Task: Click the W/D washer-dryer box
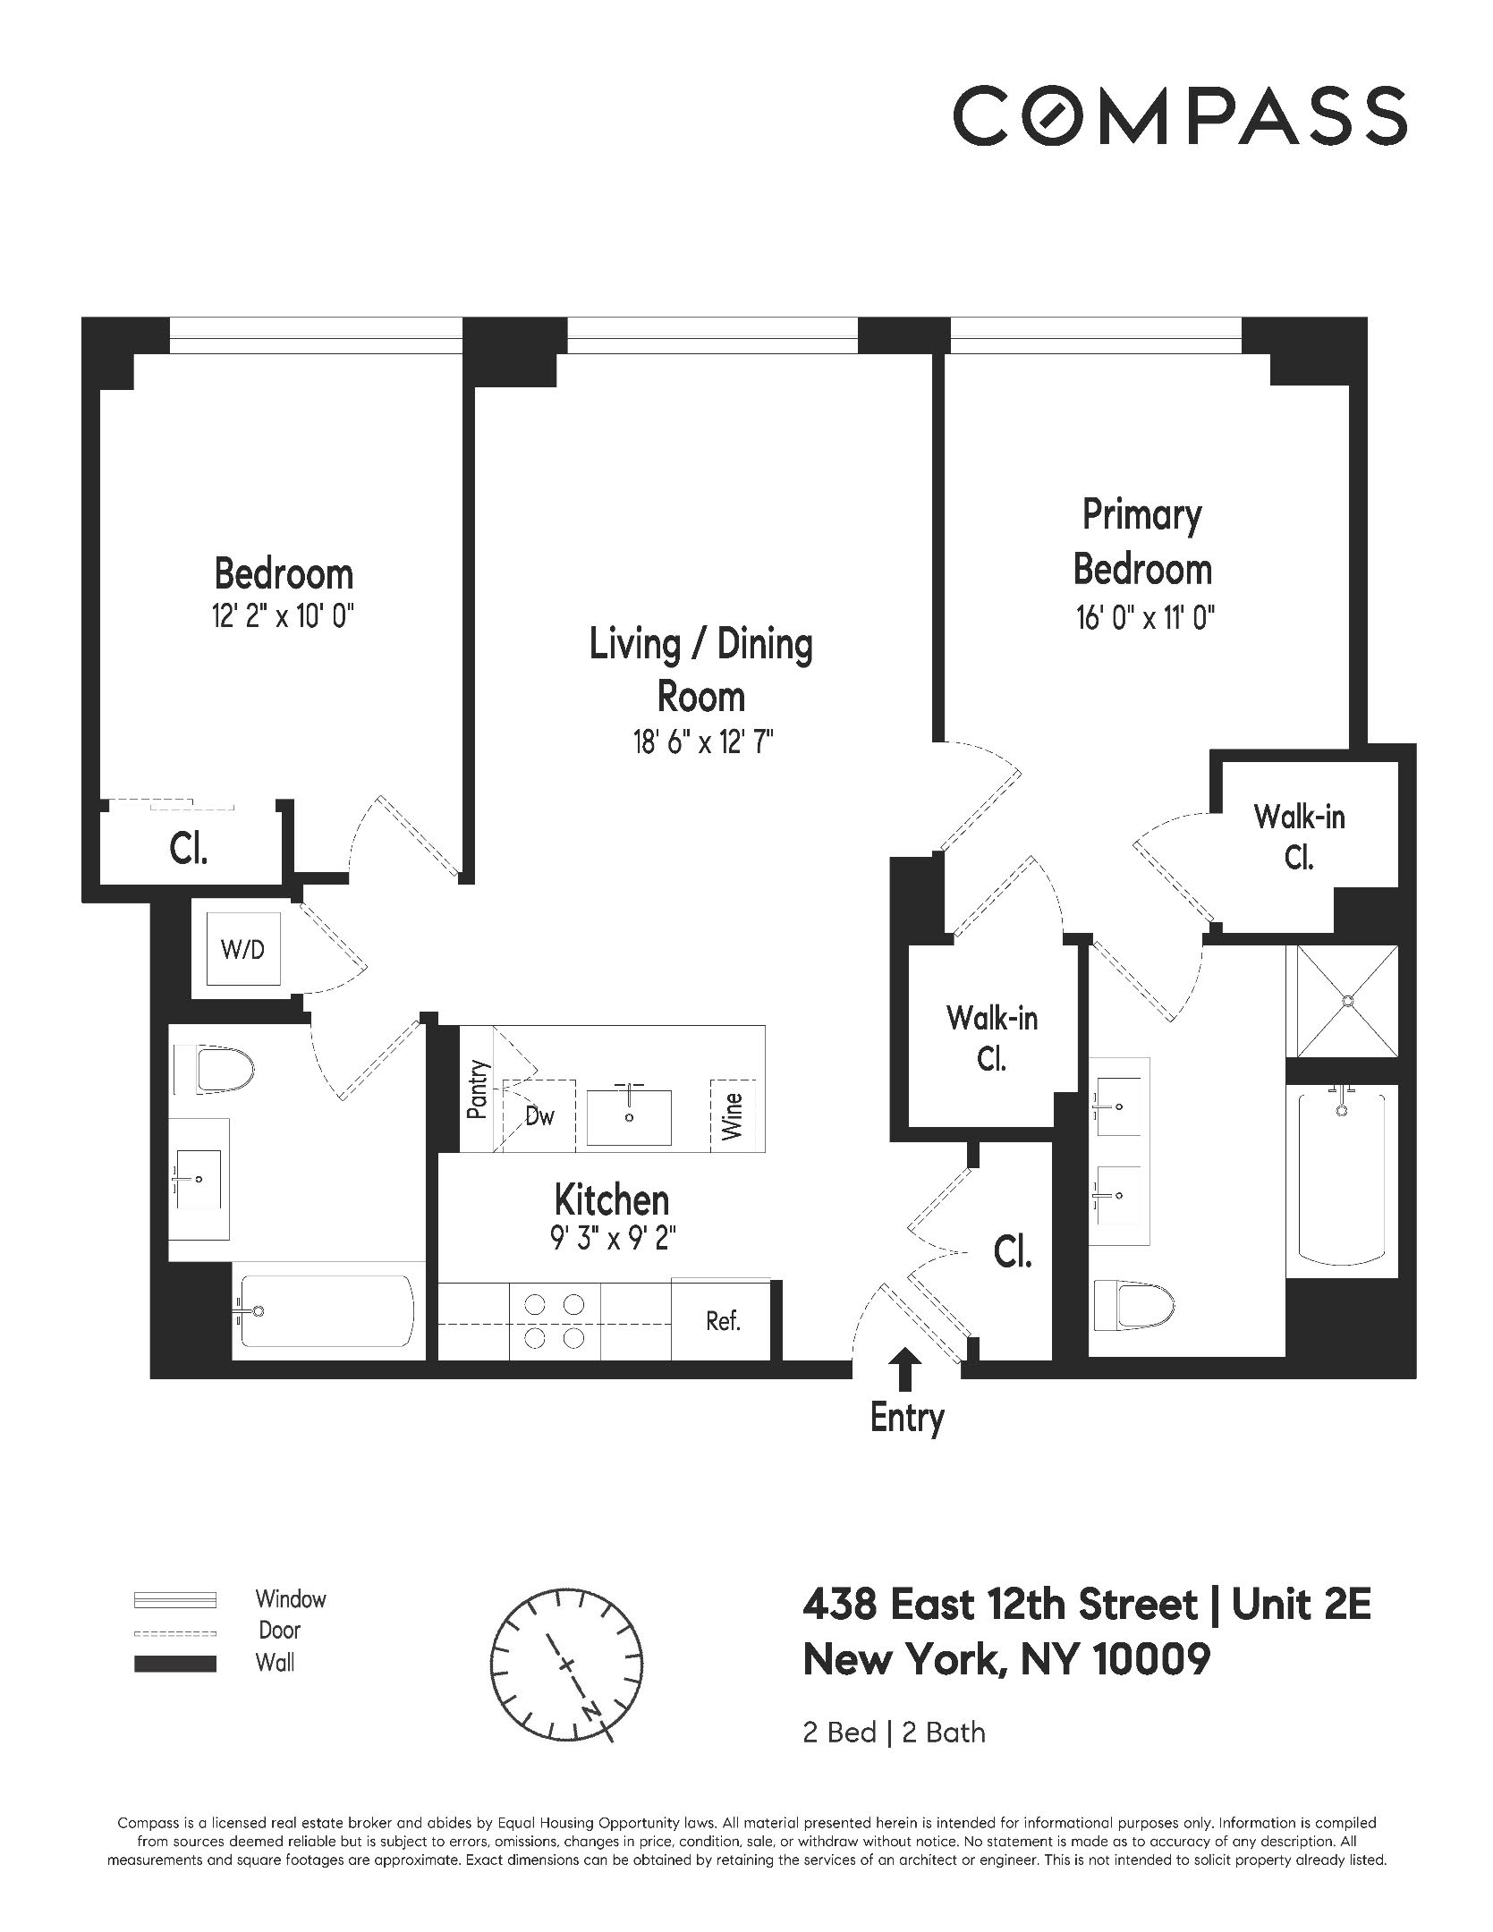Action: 243,949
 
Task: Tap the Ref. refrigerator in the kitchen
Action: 722,1320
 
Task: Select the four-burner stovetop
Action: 555,1320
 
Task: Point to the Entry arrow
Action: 906,1369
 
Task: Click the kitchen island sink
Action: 629,1116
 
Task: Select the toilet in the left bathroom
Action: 224,1070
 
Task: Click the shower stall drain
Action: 1341,1001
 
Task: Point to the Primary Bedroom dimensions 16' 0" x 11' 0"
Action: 1144,618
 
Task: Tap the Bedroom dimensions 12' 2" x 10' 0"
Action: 283,617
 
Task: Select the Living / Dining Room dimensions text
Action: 702,741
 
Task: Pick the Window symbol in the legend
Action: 174,1599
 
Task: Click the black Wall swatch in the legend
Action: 174,1664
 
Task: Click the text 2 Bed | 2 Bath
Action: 894,1758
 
